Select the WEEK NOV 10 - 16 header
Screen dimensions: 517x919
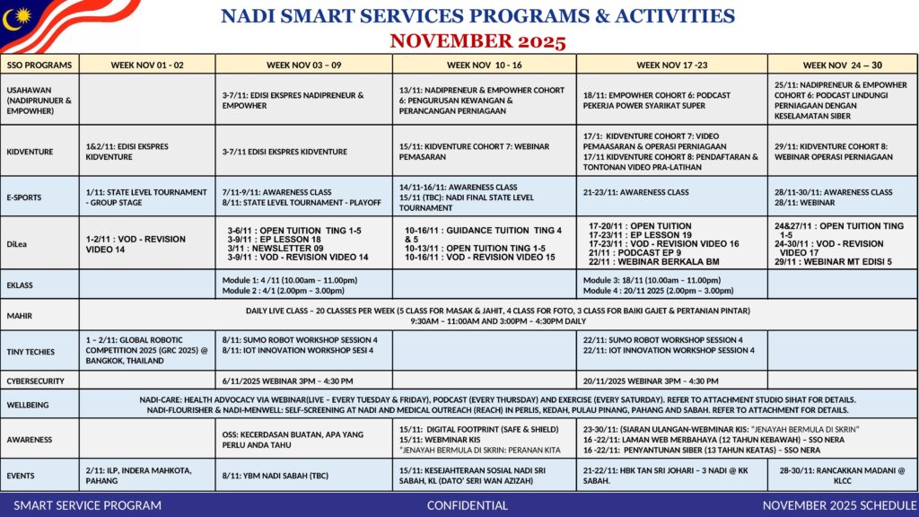click(484, 65)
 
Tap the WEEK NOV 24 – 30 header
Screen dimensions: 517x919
click(842, 65)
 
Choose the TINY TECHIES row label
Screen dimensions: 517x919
click(31, 352)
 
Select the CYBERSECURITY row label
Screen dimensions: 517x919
click(36, 381)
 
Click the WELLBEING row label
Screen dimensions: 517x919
click(30, 405)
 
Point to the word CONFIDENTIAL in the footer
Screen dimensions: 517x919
click(467, 505)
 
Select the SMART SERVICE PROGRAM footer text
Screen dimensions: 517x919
click(88, 505)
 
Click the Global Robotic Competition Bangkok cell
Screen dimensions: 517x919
click(146, 351)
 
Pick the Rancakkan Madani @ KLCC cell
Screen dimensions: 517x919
click(841, 475)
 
